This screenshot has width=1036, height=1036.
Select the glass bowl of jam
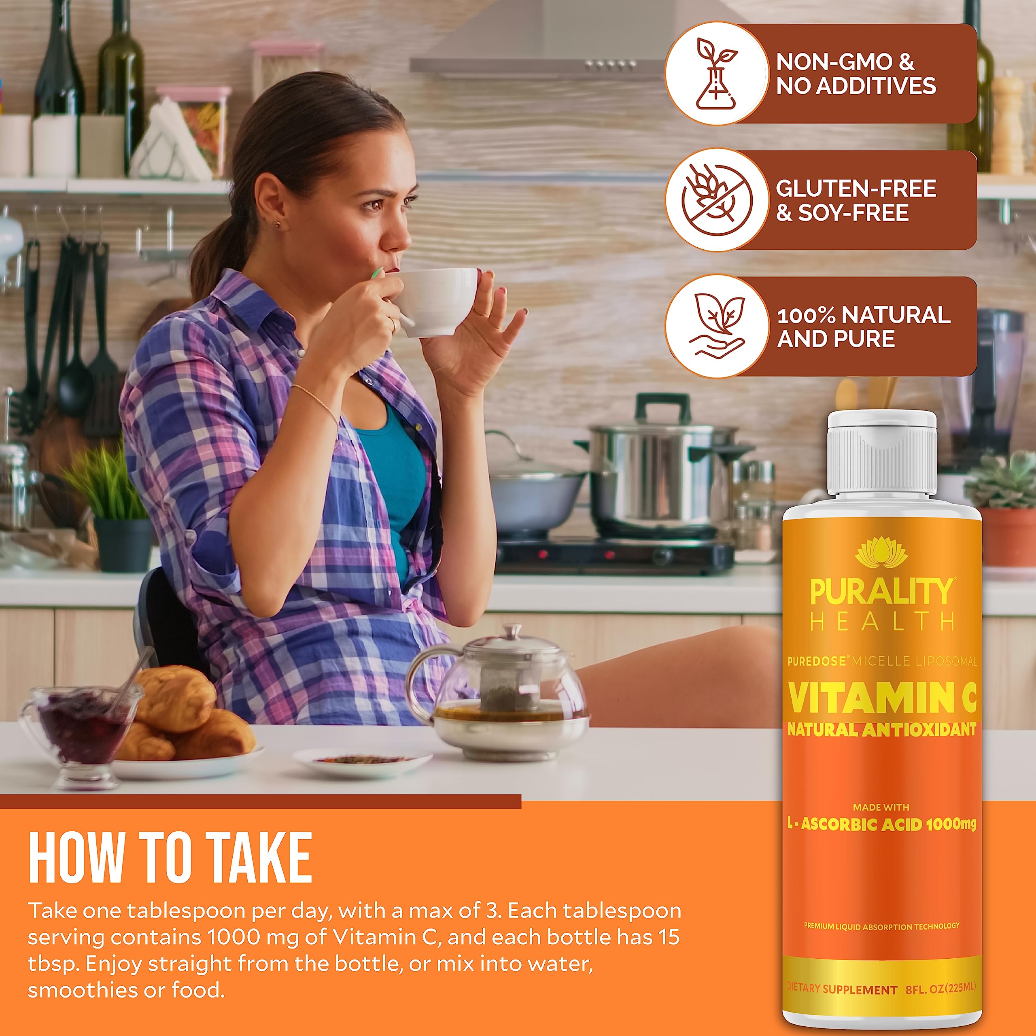[x=81, y=724]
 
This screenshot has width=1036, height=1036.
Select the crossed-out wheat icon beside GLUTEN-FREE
[x=716, y=200]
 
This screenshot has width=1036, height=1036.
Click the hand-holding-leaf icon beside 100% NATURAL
[x=716, y=326]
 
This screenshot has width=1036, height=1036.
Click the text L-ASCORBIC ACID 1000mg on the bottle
[x=881, y=824]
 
